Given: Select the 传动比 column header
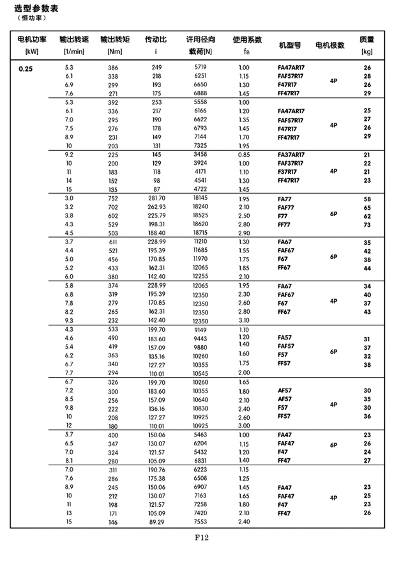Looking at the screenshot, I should click(x=156, y=40).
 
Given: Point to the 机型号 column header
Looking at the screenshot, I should click(x=290, y=46).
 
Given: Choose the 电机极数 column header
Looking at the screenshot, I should click(x=330, y=46).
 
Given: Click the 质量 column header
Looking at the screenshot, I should click(x=367, y=40).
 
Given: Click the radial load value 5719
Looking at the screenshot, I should click(x=200, y=67).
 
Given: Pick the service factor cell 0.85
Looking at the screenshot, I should click(x=243, y=155).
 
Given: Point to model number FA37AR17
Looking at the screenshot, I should click(x=291, y=155).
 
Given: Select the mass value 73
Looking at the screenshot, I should click(x=367, y=224).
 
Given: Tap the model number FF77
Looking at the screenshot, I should click(x=284, y=224).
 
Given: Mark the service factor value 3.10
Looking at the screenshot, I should click(x=243, y=320).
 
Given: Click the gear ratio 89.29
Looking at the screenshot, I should click(x=156, y=522).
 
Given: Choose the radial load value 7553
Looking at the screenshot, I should click(x=200, y=522).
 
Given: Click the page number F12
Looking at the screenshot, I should click(x=202, y=538).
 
